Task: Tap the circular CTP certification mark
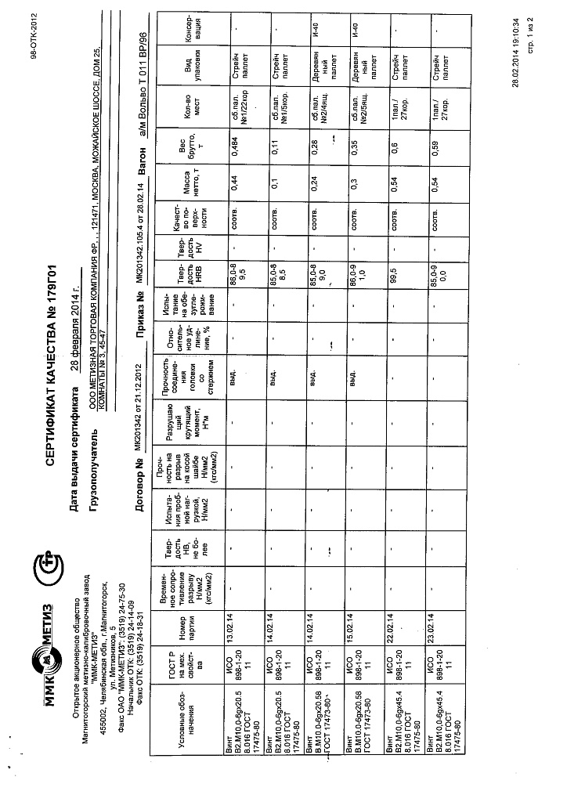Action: coord(49,569)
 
